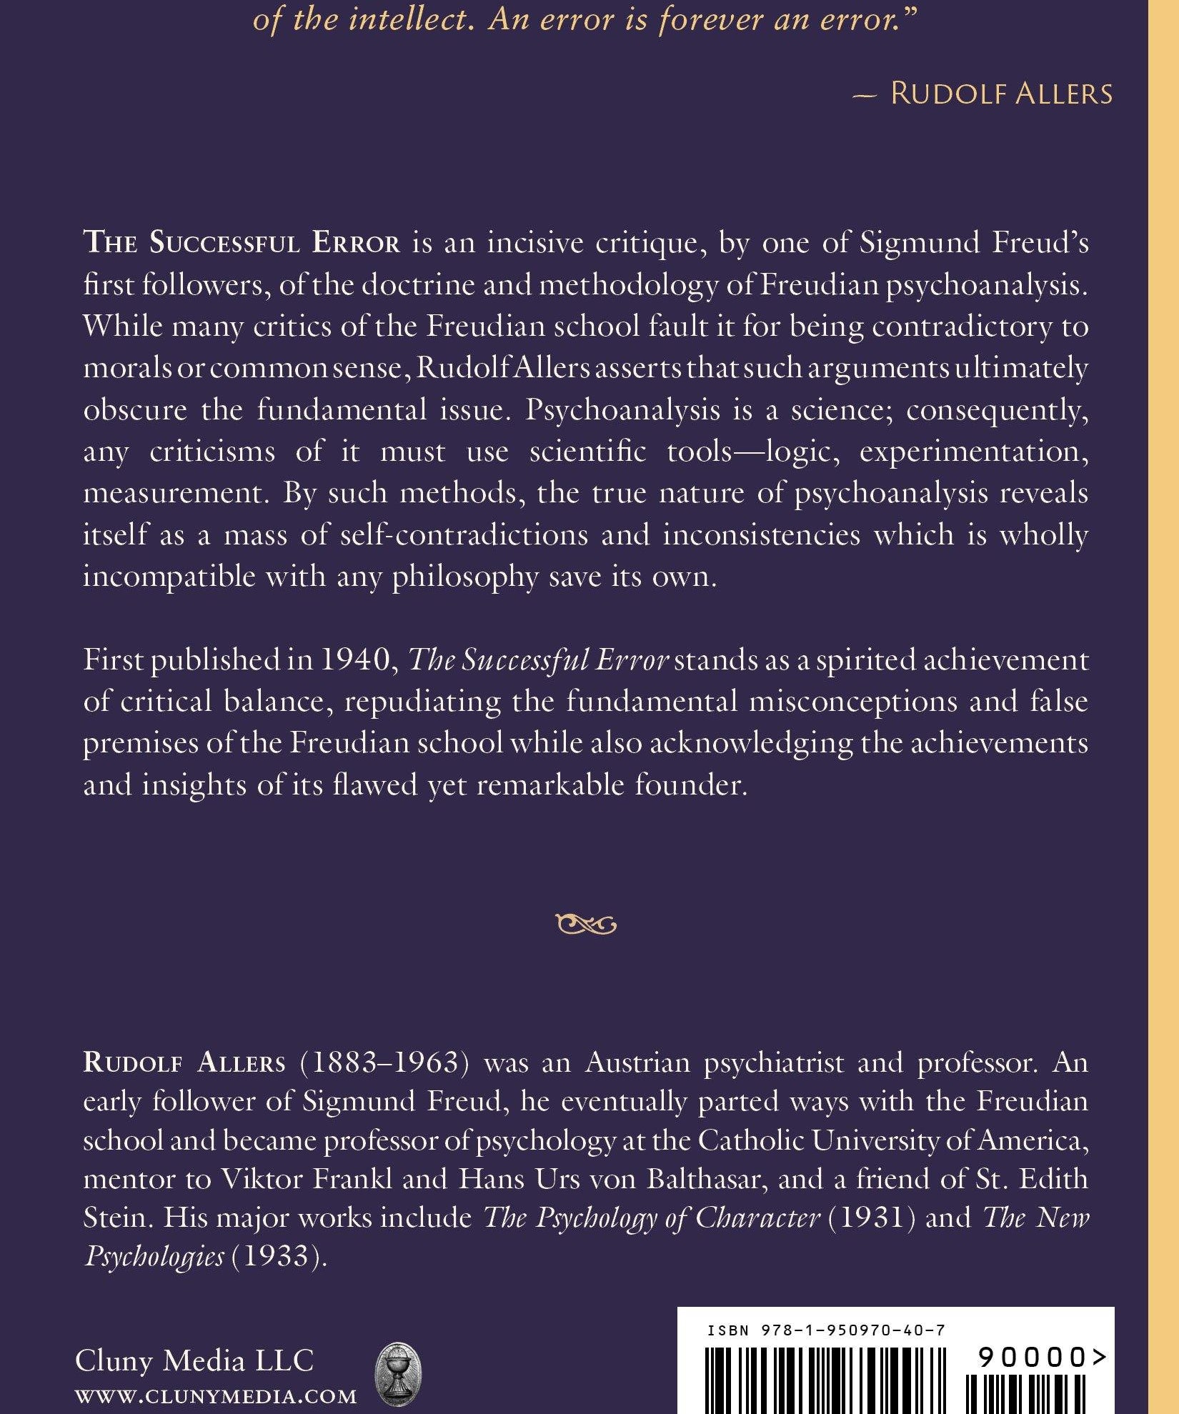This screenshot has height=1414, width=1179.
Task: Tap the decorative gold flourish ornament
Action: point(585,925)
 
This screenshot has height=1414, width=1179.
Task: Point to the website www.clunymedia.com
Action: point(216,1395)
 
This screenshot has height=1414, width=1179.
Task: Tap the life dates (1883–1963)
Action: point(384,1062)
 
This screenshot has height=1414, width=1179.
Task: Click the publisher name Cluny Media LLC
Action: point(194,1360)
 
